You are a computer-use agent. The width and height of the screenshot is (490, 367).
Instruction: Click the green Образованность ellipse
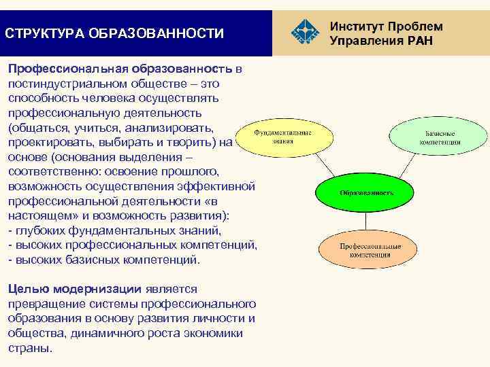click(x=365, y=192)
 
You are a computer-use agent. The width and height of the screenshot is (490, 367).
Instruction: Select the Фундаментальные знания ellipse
click(x=282, y=138)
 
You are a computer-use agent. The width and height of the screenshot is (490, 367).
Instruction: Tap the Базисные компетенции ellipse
click(x=443, y=138)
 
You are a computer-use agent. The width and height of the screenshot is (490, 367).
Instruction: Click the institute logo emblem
click(x=304, y=32)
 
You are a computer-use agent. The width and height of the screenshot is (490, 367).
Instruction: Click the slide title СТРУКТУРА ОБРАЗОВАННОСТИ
click(x=114, y=33)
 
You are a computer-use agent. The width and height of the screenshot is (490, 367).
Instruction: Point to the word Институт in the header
click(x=356, y=26)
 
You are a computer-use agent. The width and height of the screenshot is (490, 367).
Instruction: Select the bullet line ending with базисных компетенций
click(x=104, y=260)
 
